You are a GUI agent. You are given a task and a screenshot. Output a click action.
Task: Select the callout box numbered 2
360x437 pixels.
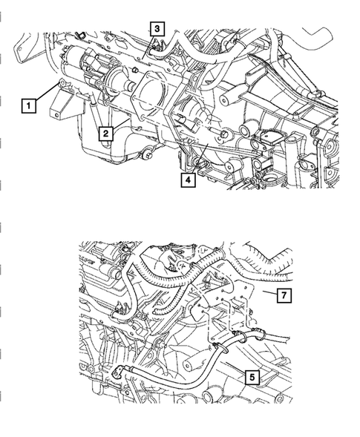pyautogui.click(x=108, y=133)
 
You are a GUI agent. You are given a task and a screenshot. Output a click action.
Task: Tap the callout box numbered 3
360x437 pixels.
pyautogui.click(x=157, y=28)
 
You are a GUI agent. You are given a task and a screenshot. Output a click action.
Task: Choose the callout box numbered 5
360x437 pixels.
pyautogui.click(x=253, y=377)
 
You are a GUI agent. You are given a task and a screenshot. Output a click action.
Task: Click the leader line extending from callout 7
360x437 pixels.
pyautogui.click(x=266, y=295)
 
